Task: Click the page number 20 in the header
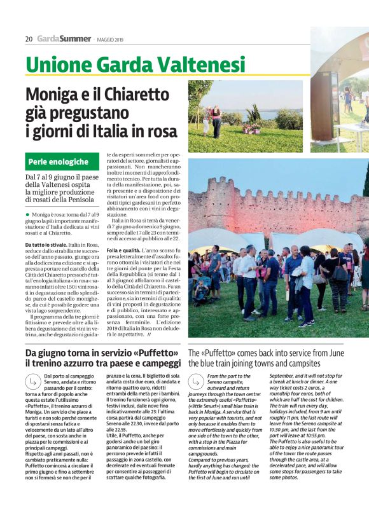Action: point(29,39)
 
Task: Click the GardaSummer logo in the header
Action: point(64,39)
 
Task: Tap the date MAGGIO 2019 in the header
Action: point(112,39)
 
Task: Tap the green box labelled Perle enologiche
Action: point(62,161)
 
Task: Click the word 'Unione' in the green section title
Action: point(53,64)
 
